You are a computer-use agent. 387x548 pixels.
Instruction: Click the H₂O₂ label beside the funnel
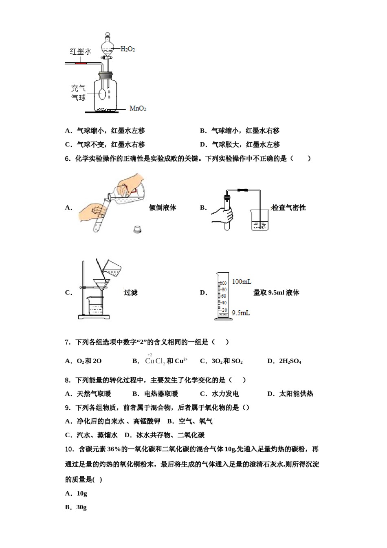(x=128, y=49)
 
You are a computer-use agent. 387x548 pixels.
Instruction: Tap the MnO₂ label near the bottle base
(x=138, y=108)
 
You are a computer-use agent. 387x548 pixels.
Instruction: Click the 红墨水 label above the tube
(x=80, y=51)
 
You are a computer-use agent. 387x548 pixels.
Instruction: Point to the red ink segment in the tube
(x=81, y=63)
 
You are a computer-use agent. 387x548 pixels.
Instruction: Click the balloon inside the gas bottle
(x=102, y=94)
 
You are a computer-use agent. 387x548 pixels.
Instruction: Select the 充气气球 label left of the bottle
(x=78, y=93)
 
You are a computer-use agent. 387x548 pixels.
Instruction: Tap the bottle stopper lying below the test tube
(x=137, y=230)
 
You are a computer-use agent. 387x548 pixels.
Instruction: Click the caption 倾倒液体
(x=163, y=208)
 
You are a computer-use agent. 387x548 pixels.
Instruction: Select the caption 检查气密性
(x=288, y=208)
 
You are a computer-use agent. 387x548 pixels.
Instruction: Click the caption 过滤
(x=131, y=292)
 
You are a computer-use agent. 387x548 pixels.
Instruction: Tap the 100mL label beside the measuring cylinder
(x=242, y=282)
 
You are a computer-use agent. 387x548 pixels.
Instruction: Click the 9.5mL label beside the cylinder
(x=241, y=313)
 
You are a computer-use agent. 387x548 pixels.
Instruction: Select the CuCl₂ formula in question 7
(x=155, y=361)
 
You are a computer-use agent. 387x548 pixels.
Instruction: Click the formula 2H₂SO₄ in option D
(x=290, y=361)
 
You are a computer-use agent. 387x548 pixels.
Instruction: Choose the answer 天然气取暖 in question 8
(x=94, y=393)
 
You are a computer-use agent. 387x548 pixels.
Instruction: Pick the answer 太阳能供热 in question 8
(x=296, y=393)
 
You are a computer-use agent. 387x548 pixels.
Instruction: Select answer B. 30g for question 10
(x=76, y=507)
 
